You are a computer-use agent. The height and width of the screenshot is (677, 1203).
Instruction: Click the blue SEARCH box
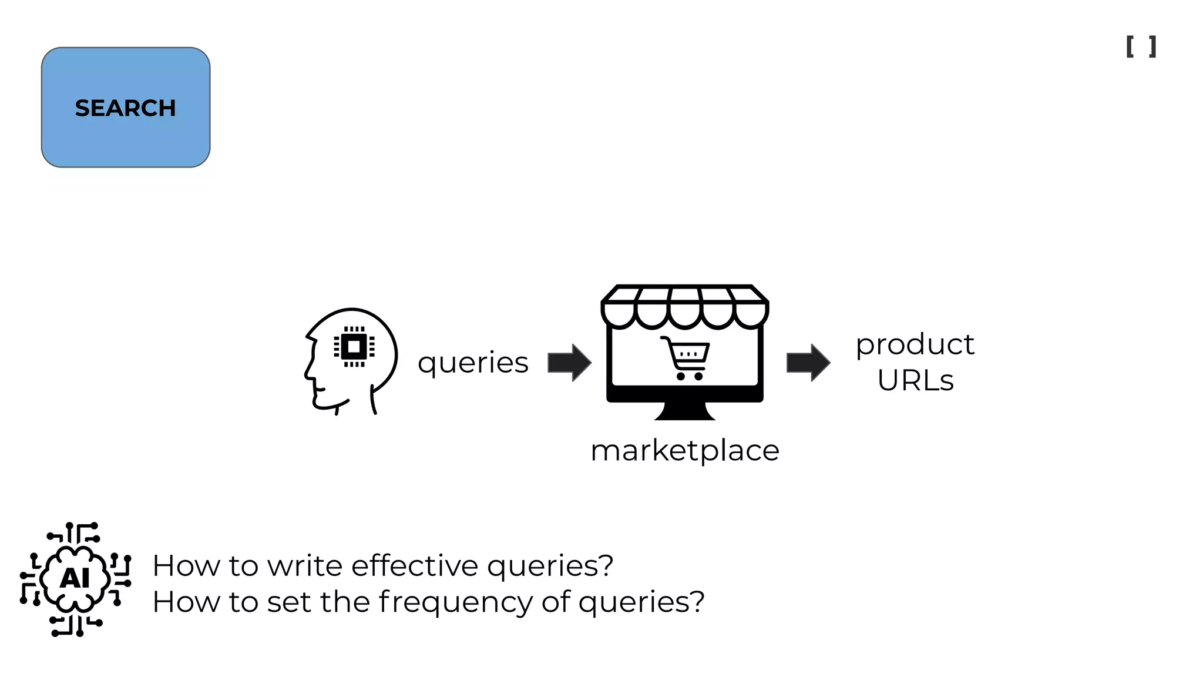[x=125, y=108]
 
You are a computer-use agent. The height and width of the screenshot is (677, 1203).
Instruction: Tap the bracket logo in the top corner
[x=1141, y=46]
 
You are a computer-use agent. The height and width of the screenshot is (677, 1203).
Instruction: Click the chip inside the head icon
[x=354, y=347]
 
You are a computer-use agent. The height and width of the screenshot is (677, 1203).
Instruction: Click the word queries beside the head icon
[x=473, y=363]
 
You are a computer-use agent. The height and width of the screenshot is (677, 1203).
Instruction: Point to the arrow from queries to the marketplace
[x=569, y=363]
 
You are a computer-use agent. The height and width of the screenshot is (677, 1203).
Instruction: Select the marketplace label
[x=685, y=451]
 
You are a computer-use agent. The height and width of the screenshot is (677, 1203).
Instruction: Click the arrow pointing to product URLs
[x=808, y=363]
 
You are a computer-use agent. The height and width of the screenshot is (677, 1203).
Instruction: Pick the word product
[x=915, y=345]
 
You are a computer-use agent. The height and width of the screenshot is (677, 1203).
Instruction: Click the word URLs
[x=915, y=380]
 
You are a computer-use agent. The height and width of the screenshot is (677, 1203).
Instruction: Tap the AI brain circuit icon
[x=75, y=579]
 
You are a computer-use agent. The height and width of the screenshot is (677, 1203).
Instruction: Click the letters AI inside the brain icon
[x=75, y=578]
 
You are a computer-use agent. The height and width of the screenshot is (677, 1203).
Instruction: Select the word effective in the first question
[x=415, y=565]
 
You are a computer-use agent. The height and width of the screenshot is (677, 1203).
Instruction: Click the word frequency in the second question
[x=456, y=602]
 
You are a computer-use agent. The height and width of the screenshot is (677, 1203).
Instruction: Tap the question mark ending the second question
[x=697, y=602]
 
